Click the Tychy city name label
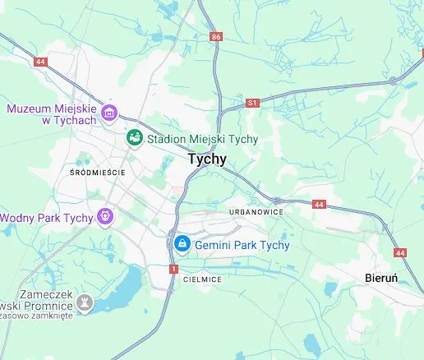pyautogui.click(x=207, y=159)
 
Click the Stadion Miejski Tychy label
pyautogui.click(x=202, y=139)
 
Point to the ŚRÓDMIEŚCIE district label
pyautogui.click(x=98, y=173)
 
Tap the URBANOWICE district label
pyautogui.click(x=257, y=211)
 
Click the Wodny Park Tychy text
pyautogui.click(x=46, y=218)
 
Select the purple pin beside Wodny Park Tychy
pyautogui.click(x=104, y=217)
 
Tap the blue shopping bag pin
pyautogui.click(x=182, y=244)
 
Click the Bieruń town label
pyautogui.click(x=381, y=278)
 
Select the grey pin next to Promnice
pyautogui.click(x=85, y=304)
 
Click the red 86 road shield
pyautogui.click(x=216, y=37)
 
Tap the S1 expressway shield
pyautogui.click(x=252, y=104)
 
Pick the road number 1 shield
pyautogui.click(x=173, y=269)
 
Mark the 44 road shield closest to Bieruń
pyautogui.click(x=400, y=253)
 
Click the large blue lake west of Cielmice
pyautogui.click(x=122, y=288)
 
